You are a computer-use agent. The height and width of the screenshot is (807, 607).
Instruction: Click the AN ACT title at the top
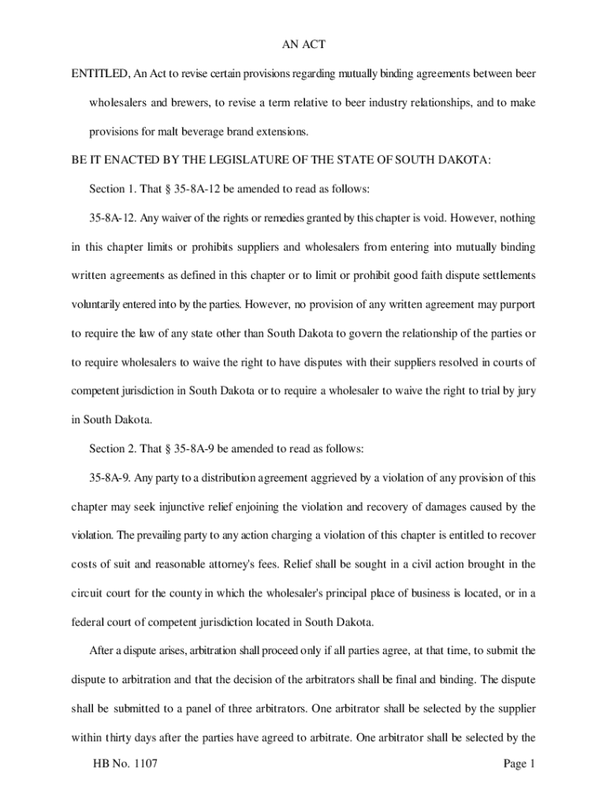(x=303, y=45)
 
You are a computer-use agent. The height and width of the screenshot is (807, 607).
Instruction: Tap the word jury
(x=526, y=391)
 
